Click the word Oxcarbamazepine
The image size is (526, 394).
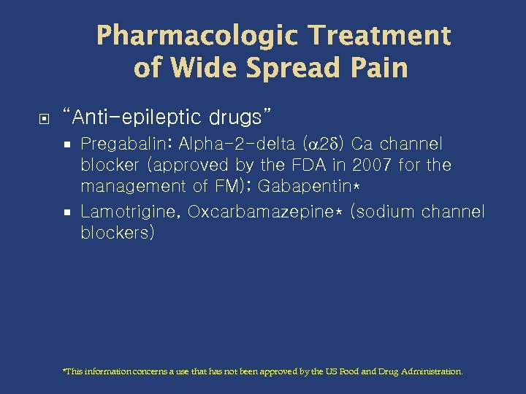click(262, 212)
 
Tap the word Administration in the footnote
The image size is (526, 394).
click(432, 371)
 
